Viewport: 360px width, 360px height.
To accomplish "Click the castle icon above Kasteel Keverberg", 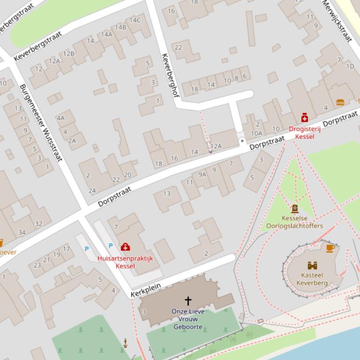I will [x=312, y=265].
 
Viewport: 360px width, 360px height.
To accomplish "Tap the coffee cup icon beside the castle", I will [x=330, y=248].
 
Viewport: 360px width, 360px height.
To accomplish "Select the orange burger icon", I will [x=340, y=102].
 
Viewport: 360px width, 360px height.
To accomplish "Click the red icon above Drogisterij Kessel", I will [x=304, y=118].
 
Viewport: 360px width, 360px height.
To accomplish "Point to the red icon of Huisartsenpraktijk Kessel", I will [x=125, y=246].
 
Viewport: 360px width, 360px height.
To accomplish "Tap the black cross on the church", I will [x=188, y=301].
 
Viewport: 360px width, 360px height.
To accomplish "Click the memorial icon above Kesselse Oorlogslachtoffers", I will [x=295, y=209].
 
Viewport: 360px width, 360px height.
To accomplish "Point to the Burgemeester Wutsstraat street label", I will [x=41, y=123].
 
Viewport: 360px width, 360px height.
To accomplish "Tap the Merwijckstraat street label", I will [x=337, y=21].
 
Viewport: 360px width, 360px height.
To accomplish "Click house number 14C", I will [x=135, y=20].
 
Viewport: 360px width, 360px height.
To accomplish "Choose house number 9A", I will [x=202, y=174].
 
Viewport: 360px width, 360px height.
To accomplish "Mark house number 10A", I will [x=257, y=133].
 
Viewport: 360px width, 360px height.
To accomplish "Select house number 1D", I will [x=350, y=66].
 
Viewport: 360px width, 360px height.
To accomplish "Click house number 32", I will [x=38, y=224].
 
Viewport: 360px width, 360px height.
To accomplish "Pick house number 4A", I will [x=61, y=118].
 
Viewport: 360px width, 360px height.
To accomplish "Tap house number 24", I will [x=92, y=190].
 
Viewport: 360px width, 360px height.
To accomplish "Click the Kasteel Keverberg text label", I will [x=312, y=279].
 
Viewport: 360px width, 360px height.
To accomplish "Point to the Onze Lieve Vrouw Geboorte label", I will [x=188, y=319].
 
